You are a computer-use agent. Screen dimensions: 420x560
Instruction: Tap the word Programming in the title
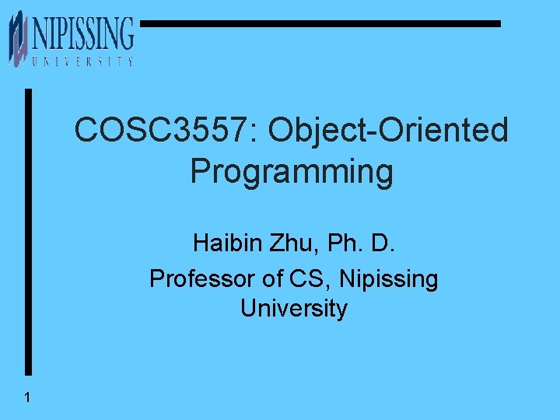(x=292, y=171)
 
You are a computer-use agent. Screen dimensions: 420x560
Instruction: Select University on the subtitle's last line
(x=293, y=309)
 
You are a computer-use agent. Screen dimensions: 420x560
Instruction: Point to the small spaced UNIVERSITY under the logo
(x=82, y=61)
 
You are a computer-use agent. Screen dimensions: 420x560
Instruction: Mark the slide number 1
(x=27, y=398)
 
